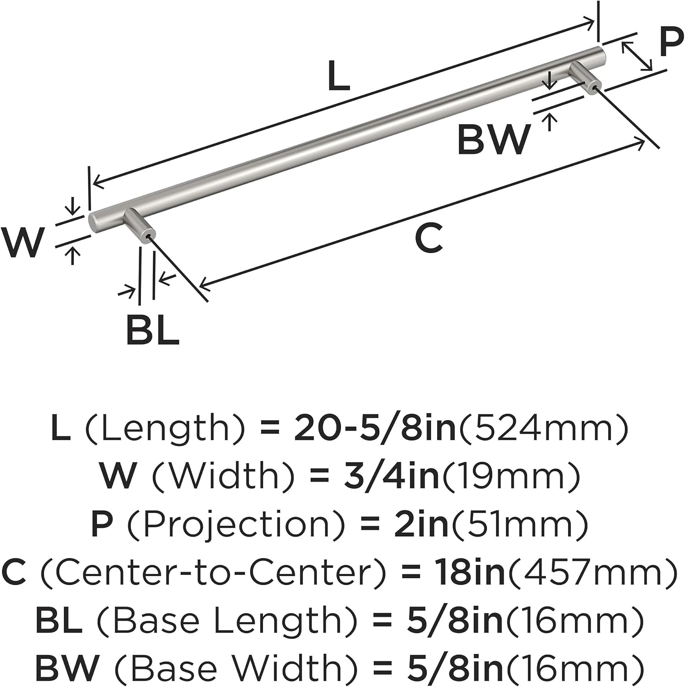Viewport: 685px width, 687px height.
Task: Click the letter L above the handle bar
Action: click(339, 76)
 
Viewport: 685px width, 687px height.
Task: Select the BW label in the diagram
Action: click(494, 139)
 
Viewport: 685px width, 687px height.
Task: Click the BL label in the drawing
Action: click(152, 330)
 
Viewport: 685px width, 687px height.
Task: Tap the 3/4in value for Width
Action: click(391, 476)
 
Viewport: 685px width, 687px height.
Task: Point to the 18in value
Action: click(470, 572)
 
